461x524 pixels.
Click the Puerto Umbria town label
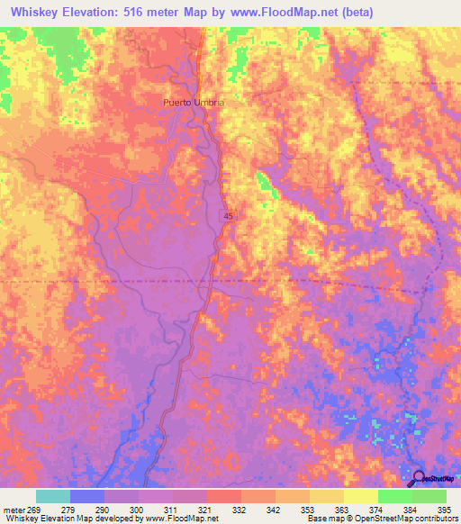[194, 103]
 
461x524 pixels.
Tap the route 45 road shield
[230, 216]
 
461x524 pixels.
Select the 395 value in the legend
[446, 509]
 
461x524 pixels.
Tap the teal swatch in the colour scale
[53, 496]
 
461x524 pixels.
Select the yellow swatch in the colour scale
[360, 496]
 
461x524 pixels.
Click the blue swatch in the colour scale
[87, 496]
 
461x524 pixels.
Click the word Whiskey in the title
[33, 12]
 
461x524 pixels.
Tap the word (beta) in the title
[354, 12]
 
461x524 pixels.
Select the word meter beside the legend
[13, 509]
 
